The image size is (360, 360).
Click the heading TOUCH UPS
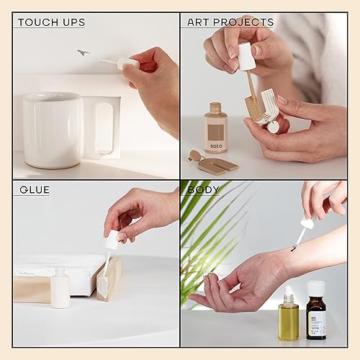(x=51, y=22)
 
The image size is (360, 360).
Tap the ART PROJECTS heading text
(x=230, y=22)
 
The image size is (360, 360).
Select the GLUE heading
(x=35, y=190)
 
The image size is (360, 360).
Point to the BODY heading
(x=204, y=190)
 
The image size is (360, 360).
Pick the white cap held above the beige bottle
(x=246, y=56)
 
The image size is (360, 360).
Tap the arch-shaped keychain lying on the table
(x=215, y=163)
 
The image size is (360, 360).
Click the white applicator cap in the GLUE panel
(x=111, y=240)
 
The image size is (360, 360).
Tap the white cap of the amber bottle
(x=315, y=288)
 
